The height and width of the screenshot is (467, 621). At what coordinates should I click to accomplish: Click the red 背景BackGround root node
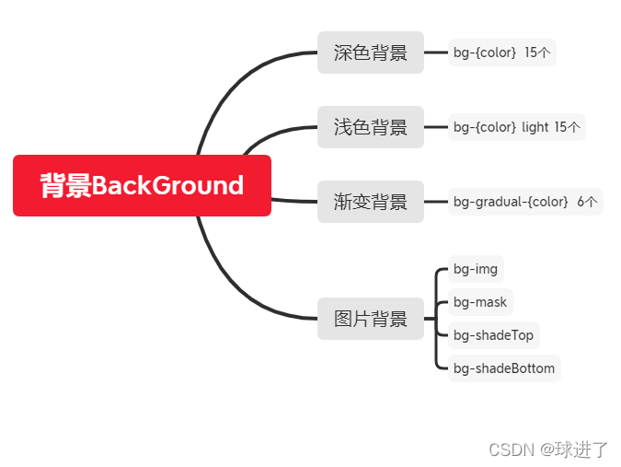coord(142,185)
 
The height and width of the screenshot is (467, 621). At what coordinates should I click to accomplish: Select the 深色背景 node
coord(370,53)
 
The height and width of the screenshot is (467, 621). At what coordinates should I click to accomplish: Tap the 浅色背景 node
coord(370,127)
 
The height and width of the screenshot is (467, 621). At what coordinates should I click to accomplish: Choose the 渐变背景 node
coord(370,202)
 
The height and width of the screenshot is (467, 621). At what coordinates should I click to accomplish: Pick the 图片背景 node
coord(370,319)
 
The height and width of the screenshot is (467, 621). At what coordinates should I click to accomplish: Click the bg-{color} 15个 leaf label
coord(501,53)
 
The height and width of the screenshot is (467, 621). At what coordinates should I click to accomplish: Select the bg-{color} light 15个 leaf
coord(516,127)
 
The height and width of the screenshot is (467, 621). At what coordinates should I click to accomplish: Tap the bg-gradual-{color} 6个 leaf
coord(524,202)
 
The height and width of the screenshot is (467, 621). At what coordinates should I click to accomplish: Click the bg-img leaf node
coord(476,269)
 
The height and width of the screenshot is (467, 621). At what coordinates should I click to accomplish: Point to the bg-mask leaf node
coord(479,302)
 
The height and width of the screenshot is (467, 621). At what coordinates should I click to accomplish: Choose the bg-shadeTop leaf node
coord(493,335)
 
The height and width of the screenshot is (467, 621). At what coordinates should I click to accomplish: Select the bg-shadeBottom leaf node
coord(504,368)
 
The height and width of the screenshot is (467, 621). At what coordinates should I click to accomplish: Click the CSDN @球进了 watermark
coord(548,449)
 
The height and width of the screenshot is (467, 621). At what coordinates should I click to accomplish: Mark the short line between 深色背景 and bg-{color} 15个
coord(436,53)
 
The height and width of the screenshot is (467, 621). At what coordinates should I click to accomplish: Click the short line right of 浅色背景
coord(436,127)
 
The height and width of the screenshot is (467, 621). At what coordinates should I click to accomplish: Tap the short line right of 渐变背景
coord(436,202)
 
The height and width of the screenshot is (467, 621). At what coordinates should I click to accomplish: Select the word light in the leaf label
coord(535,127)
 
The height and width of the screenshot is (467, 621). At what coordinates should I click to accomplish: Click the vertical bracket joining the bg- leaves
coord(436,319)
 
